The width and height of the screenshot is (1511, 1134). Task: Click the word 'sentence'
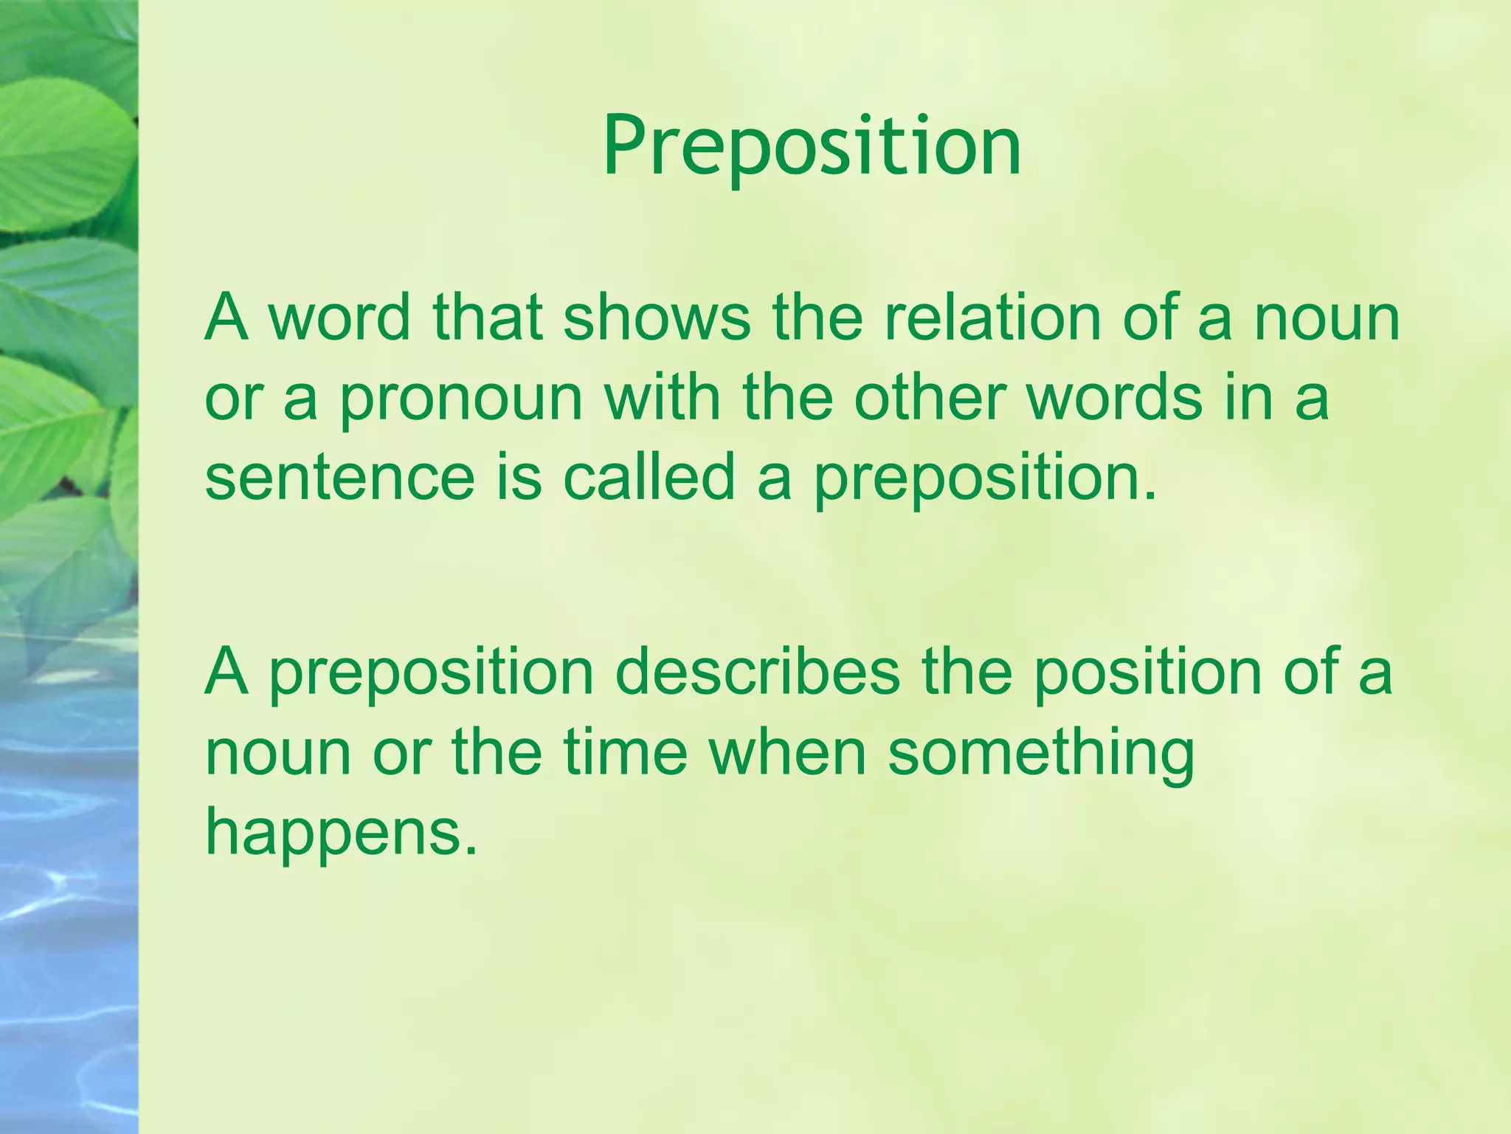click(339, 478)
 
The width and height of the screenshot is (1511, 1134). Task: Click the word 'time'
click(624, 753)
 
